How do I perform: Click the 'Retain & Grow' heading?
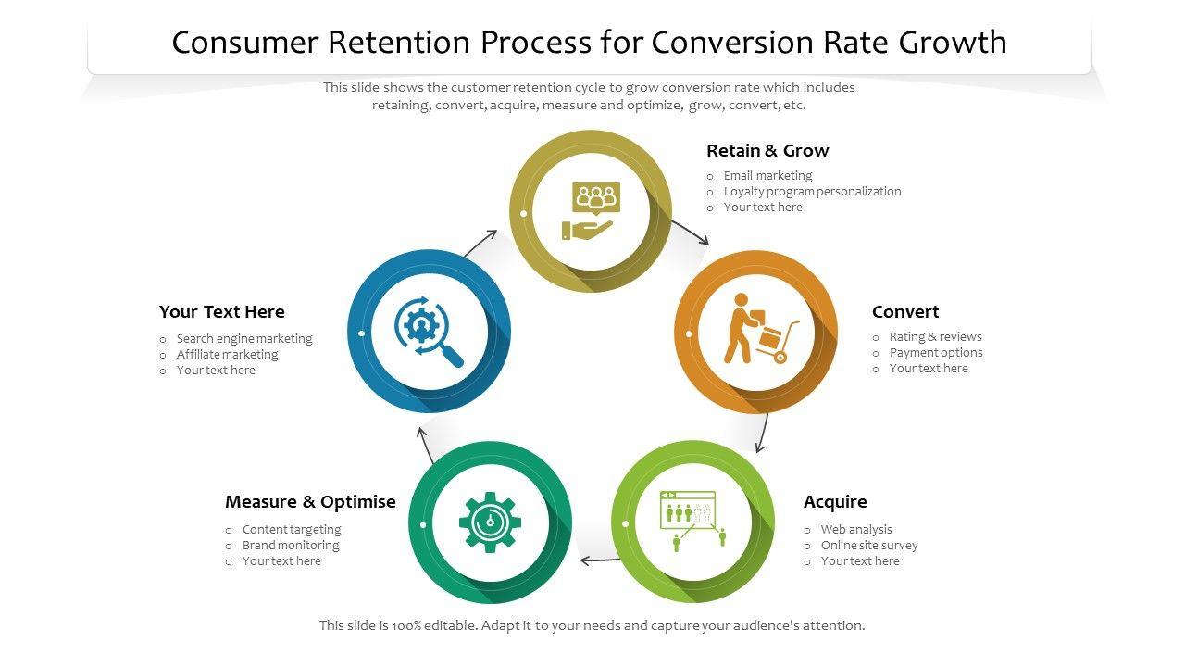pyautogui.click(x=767, y=151)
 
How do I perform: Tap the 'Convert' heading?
pyautogui.click(x=904, y=312)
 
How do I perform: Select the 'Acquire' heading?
pyautogui.click(x=835, y=502)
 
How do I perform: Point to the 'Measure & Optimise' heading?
pyautogui.click(x=310, y=502)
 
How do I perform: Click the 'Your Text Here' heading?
pyautogui.click(x=221, y=312)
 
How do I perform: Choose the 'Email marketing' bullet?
pyautogui.click(x=767, y=176)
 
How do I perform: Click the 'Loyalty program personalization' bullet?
pyautogui.click(x=812, y=192)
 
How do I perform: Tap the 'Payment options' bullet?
pyautogui.click(x=935, y=353)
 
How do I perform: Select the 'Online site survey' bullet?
pyautogui.click(x=868, y=546)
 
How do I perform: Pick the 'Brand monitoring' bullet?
pyautogui.click(x=290, y=546)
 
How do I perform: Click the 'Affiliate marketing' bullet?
pyautogui.click(x=227, y=355)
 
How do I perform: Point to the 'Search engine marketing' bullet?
pyautogui.click(x=244, y=339)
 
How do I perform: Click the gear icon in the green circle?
pyautogui.click(x=490, y=522)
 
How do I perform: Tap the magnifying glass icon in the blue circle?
pyautogui.click(x=429, y=331)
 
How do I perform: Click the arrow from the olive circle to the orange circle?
pyautogui.click(x=690, y=232)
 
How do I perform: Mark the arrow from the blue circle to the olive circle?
pyautogui.click(x=480, y=244)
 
